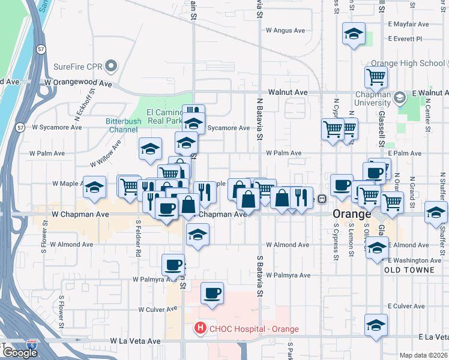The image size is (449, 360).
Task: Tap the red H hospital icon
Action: [x=199, y=329]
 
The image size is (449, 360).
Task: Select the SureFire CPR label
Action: [x=78, y=65]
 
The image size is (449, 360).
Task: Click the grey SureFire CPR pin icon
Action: [x=110, y=65]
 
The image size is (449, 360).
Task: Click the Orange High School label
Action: [x=408, y=63]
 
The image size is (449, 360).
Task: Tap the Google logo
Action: [x=20, y=353]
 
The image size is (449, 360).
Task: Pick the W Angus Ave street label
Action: [x=286, y=30]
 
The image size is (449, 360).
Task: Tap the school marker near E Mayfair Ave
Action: [x=354, y=35]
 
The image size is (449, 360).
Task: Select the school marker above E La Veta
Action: [x=376, y=325]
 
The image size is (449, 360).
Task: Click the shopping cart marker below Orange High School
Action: [x=376, y=76]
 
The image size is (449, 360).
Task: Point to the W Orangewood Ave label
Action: [x=79, y=83]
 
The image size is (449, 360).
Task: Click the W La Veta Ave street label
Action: [x=135, y=341]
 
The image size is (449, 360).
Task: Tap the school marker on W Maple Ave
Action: [x=94, y=188]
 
